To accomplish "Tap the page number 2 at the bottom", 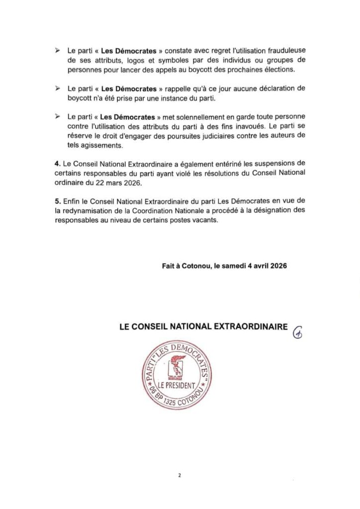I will [x=180, y=475].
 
